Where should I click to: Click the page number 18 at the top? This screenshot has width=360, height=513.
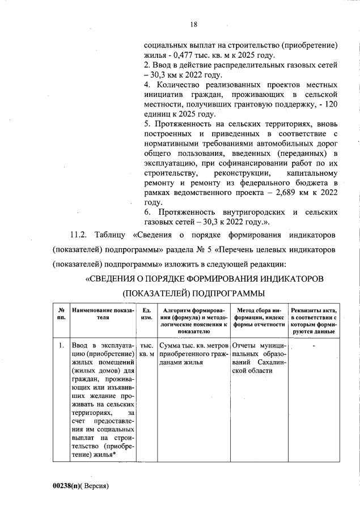click(193, 24)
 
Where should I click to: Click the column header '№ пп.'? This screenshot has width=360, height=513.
click(61, 313)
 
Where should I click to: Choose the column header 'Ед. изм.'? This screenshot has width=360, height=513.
click(147, 313)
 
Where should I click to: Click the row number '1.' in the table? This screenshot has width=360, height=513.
click(61, 344)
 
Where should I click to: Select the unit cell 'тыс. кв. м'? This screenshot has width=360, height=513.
click(147, 349)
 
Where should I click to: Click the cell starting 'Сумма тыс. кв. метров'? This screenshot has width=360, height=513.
click(194, 349)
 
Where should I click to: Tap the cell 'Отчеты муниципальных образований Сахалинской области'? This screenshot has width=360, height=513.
click(259, 357)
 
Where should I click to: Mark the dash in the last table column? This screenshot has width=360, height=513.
click(314, 343)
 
